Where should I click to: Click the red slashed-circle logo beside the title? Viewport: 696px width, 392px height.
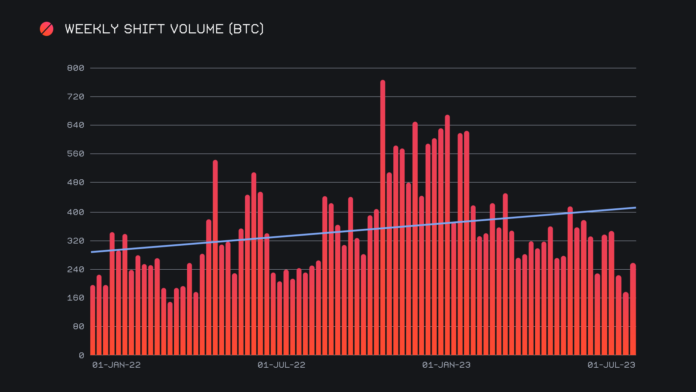pyautogui.click(x=46, y=29)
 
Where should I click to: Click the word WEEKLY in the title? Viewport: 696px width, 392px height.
pyautogui.click(x=92, y=29)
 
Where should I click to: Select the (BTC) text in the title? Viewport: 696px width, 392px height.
pyautogui.click(x=246, y=29)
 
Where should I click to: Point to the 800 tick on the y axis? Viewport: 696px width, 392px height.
pyautogui.click(x=75, y=68)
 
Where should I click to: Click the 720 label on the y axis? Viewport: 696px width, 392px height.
pyautogui.click(x=75, y=97)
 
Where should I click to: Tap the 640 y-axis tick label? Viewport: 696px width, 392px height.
pyautogui.click(x=75, y=125)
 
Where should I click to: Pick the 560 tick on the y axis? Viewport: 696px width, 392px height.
pyautogui.click(x=75, y=154)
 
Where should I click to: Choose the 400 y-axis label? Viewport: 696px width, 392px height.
pyautogui.click(x=75, y=212)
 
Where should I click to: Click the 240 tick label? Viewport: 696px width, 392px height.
pyautogui.click(x=75, y=270)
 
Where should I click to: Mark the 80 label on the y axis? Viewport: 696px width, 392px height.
pyautogui.click(x=78, y=327)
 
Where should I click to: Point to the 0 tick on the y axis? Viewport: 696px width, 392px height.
pyautogui.click(x=81, y=356)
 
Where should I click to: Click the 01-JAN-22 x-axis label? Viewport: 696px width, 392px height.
pyautogui.click(x=116, y=365)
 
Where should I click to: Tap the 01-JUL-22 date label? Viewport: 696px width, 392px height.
pyautogui.click(x=281, y=365)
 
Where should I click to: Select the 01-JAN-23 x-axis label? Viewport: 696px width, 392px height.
pyautogui.click(x=446, y=365)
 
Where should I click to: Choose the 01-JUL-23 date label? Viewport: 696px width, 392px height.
pyautogui.click(x=611, y=365)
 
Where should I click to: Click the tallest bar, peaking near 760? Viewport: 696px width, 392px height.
pyautogui.click(x=383, y=218)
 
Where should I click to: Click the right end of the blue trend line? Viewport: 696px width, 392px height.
pyautogui.click(x=635, y=208)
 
